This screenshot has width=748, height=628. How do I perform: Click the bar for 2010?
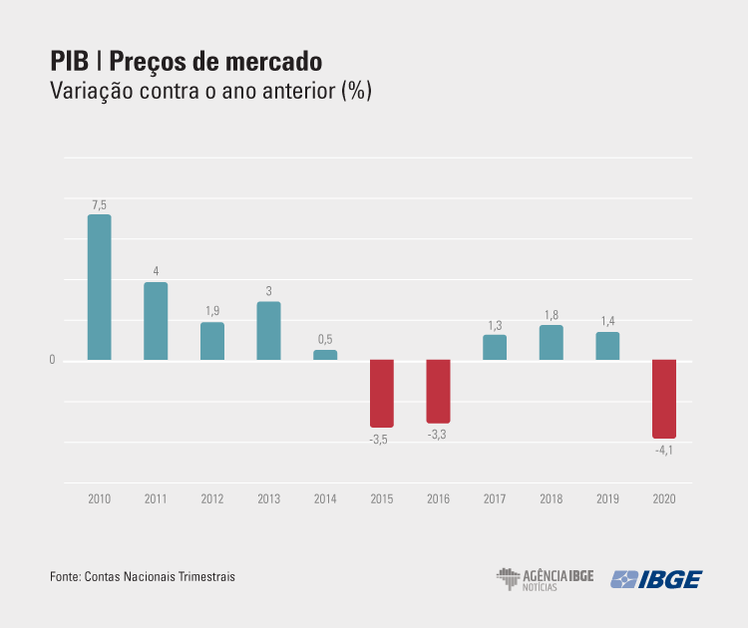point(99,287)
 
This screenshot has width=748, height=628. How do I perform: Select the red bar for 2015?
point(382,394)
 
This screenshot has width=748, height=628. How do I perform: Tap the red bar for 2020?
point(664,399)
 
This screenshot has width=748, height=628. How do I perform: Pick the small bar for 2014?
point(325,355)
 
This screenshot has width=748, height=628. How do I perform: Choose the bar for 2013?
point(268,331)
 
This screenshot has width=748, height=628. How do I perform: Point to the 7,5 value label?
point(99,205)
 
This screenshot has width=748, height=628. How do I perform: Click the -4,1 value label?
point(664,451)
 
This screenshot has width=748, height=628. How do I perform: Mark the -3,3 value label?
point(437,435)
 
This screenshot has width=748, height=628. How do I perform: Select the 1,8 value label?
point(552,316)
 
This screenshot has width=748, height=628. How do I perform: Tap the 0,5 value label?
point(325,340)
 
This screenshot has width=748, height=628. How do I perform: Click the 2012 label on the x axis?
point(211,498)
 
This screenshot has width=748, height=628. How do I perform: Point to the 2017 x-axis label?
point(495,498)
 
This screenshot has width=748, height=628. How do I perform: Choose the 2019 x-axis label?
point(607,498)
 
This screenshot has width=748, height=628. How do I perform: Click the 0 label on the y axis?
point(52,360)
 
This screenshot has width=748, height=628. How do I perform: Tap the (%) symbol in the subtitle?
point(356,92)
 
